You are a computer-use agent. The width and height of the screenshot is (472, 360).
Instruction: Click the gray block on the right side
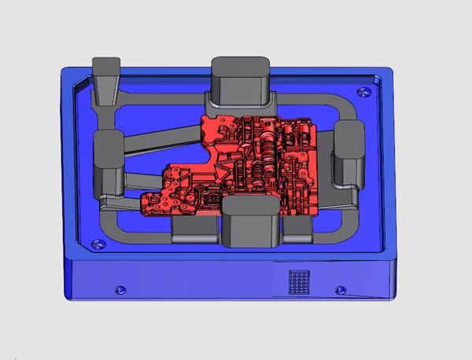[x=348, y=153]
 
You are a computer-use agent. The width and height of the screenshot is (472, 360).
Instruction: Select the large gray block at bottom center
[x=250, y=222]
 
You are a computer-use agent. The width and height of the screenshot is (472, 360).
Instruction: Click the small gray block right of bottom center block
[x=297, y=228]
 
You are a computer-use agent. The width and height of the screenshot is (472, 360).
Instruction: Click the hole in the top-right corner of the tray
[x=363, y=93]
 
